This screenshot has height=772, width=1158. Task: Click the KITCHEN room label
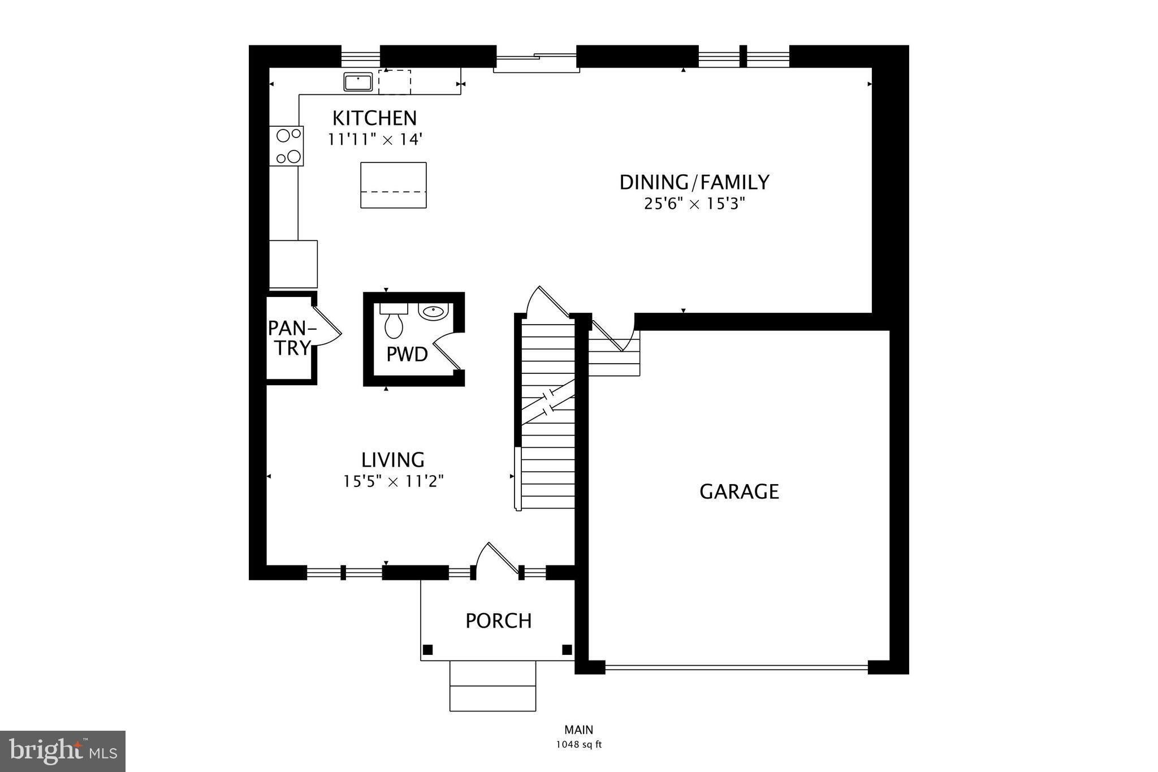point(374,118)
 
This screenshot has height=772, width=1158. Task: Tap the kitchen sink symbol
point(358,82)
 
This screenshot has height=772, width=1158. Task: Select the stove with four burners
point(287,146)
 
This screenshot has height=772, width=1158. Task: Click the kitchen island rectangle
point(394,185)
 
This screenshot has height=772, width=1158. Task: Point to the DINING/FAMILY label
point(694,182)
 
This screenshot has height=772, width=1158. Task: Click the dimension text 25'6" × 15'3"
point(694,204)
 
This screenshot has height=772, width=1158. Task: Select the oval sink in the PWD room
point(434,311)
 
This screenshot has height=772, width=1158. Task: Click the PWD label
point(407,355)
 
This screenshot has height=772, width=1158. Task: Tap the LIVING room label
point(393,459)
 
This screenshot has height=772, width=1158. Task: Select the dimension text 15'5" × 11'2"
point(393,481)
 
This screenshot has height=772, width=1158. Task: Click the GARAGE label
point(739,491)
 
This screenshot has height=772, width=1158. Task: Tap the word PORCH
point(498,621)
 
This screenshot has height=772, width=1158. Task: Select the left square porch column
point(428,649)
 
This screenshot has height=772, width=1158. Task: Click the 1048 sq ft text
point(579,744)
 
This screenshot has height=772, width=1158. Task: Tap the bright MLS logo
point(62,751)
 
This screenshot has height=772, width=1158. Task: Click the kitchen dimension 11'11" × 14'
point(375,139)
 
